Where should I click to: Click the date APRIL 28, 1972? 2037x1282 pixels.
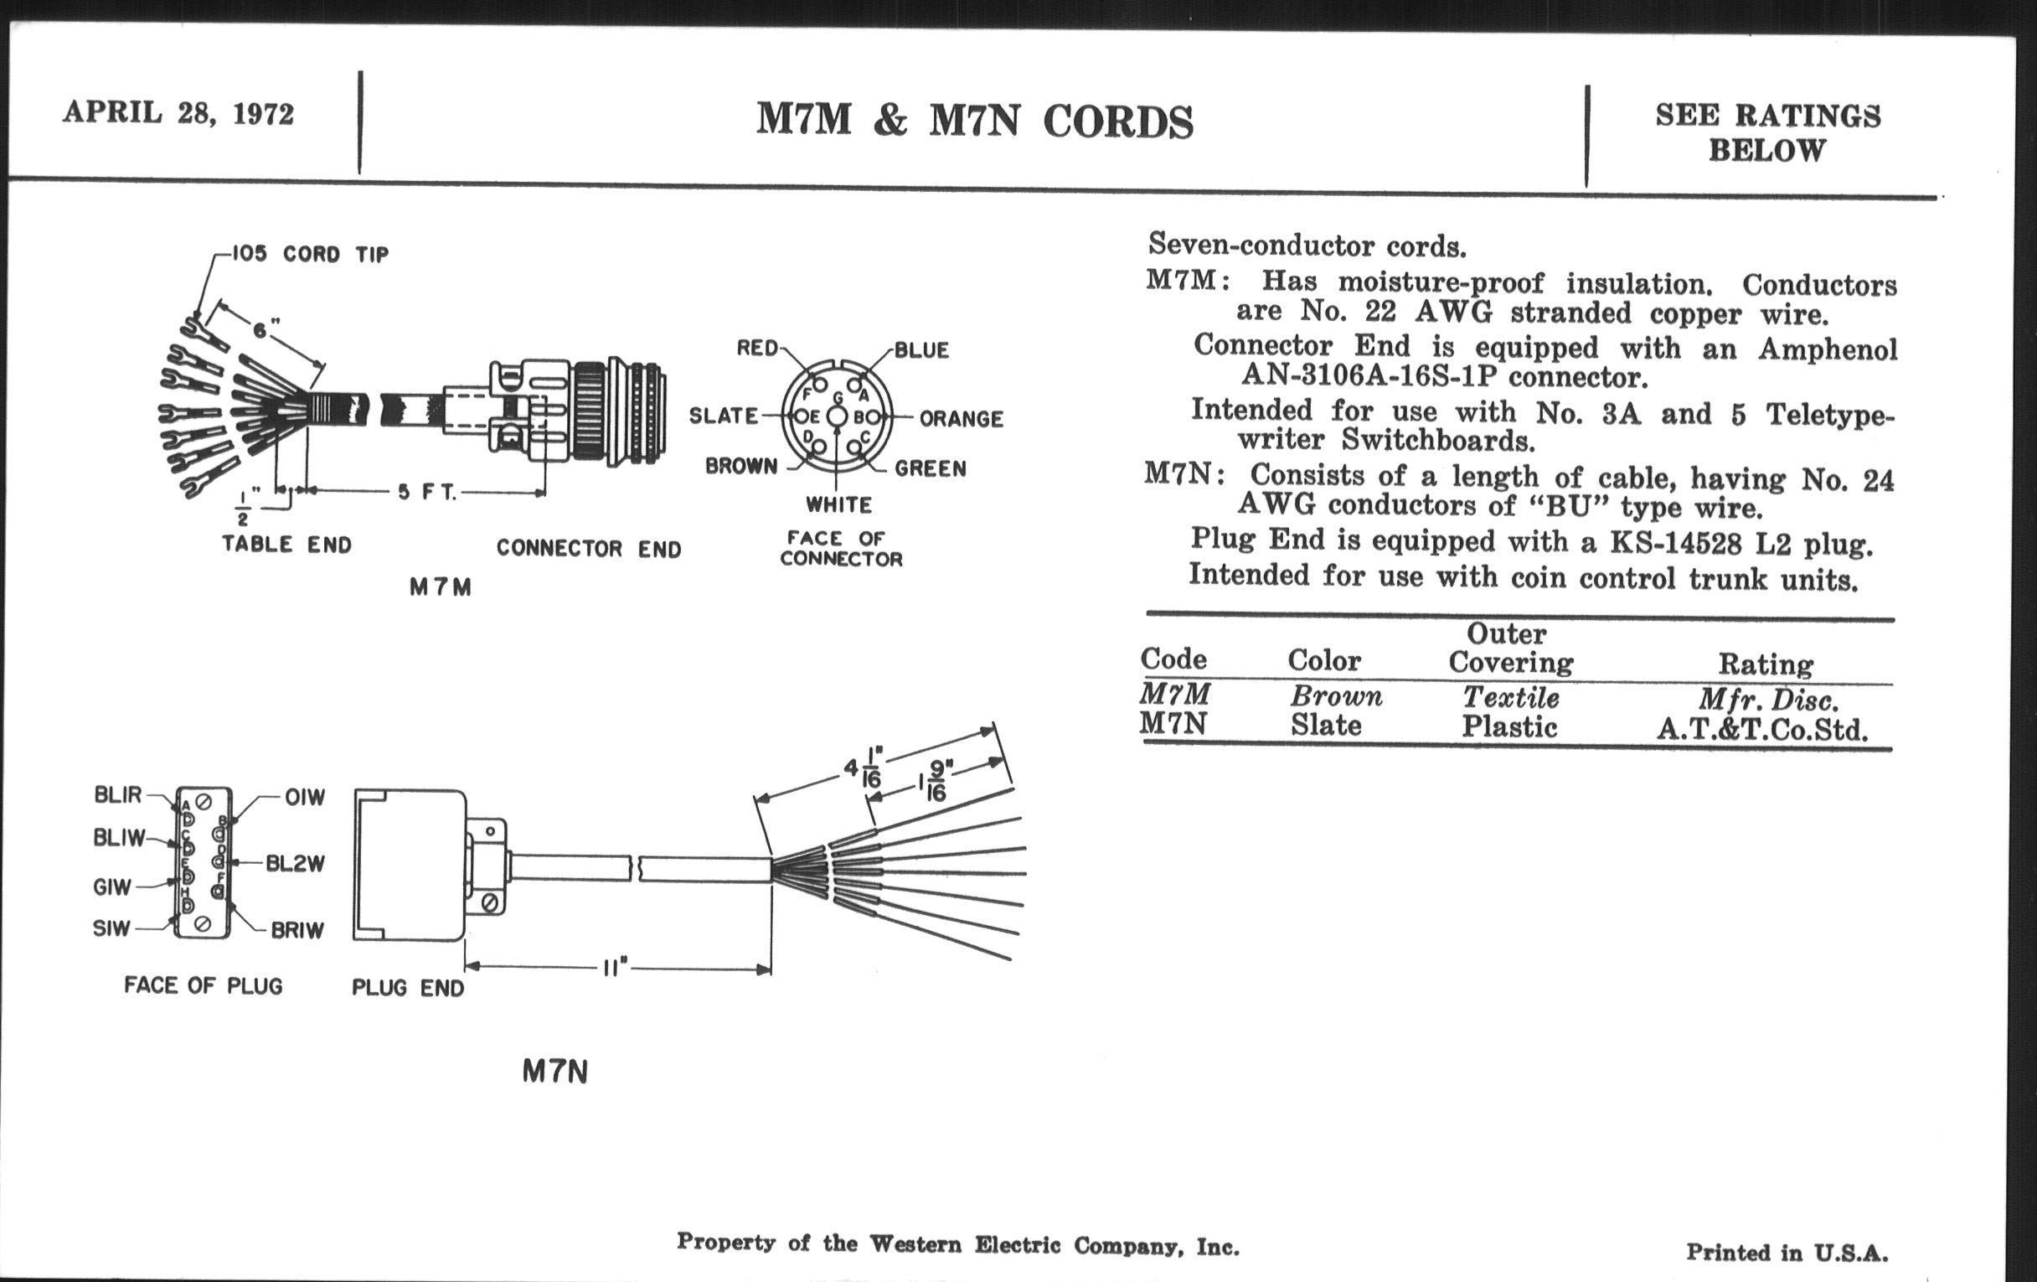(178, 112)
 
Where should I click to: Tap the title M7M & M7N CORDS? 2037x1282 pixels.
(974, 121)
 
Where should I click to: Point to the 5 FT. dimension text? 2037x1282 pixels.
(427, 492)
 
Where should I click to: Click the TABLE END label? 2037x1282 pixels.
(286, 544)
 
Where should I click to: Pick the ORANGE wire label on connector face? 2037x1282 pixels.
(961, 419)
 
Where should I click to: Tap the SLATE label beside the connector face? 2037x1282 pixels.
(724, 416)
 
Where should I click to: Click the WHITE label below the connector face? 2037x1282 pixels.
(838, 505)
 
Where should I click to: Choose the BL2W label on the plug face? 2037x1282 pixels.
(295, 864)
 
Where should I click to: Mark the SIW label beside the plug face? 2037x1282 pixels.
(111, 928)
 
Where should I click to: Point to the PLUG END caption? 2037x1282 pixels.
(408, 988)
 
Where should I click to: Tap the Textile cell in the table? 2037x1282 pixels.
(1511, 697)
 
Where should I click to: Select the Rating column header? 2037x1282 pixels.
(1766, 664)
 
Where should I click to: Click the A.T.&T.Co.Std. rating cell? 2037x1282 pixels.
(1762, 729)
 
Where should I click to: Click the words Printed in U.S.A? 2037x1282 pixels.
(1787, 1253)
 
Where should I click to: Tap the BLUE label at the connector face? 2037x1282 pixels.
(922, 350)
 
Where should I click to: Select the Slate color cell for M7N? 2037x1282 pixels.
(1326, 725)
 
